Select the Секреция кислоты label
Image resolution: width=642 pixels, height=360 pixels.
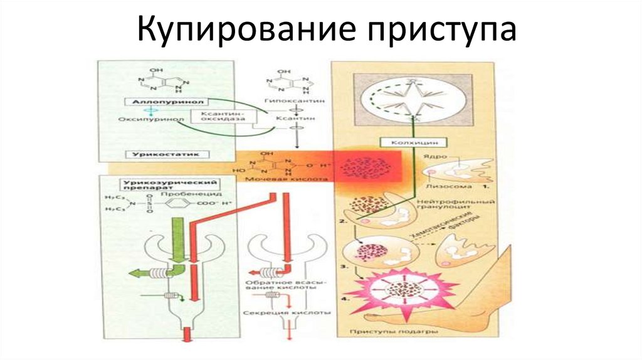tap(286, 312)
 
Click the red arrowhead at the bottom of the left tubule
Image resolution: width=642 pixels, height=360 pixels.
tap(186, 339)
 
